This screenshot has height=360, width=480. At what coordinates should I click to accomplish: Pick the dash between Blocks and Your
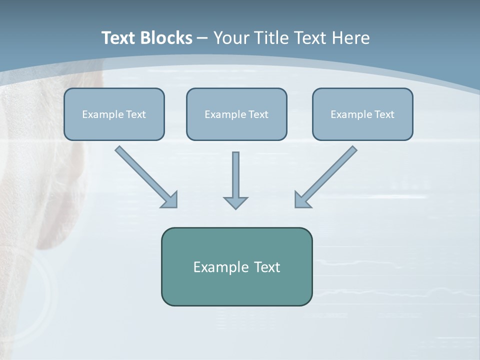pyautogui.click(x=202, y=38)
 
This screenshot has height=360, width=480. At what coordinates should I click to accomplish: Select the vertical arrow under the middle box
pyautogui.click(x=235, y=172)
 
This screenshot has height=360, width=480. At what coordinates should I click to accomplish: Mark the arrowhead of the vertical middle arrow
pyautogui.click(x=235, y=202)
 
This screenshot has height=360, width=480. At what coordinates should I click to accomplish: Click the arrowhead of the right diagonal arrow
pyautogui.click(x=302, y=200)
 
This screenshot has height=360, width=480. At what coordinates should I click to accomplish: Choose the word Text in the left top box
pyautogui.click(x=136, y=114)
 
